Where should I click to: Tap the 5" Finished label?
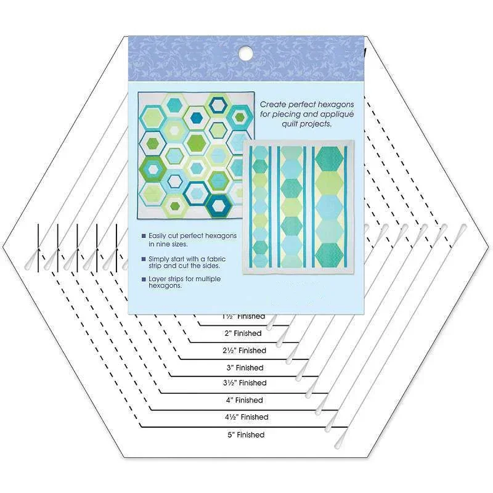[246, 434]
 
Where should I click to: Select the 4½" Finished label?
[246, 417]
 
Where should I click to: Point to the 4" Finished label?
[245, 400]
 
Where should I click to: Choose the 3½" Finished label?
[245, 383]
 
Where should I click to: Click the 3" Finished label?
[245, 368]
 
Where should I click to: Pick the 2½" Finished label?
[244, 351]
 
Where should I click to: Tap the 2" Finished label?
[243, 333]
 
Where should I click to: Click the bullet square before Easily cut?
[144, 236]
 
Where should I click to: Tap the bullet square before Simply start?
[144, 258]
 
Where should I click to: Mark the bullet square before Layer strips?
[144, 279]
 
